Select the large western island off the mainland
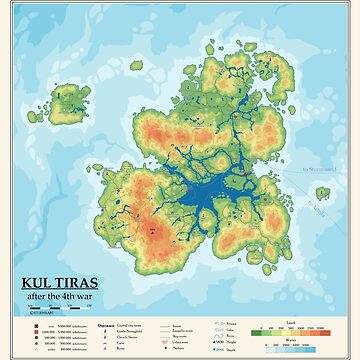[x=67, y=100]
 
